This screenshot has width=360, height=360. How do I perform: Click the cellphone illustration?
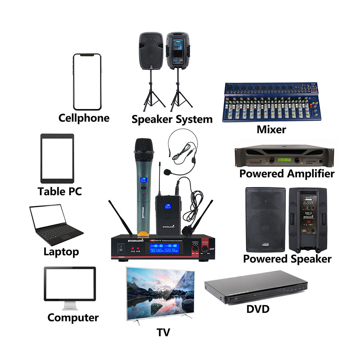click(87, 82)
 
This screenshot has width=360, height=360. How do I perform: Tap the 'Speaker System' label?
click(172, 119)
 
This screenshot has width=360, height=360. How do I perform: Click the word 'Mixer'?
click(271, 130)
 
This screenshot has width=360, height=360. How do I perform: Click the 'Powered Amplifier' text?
click(287, 174)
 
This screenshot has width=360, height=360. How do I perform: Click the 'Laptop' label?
click(61, 251)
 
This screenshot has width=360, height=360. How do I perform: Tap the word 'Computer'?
click(73, 318)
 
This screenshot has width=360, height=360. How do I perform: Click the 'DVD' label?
click(258, 309)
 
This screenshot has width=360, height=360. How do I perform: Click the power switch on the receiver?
click(121, 248)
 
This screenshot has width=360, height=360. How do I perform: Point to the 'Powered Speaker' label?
click(287, 259)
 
